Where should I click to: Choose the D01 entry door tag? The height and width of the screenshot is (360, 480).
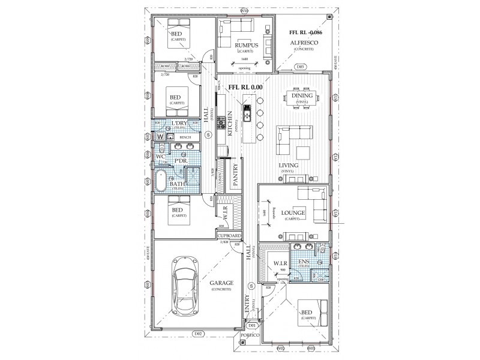253,325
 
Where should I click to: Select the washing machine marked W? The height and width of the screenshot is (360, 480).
160,137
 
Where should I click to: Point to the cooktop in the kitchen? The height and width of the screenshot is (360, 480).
229,122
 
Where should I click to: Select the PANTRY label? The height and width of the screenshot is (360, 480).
236,176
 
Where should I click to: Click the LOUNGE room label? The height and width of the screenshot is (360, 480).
295,213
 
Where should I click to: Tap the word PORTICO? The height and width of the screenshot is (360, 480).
252,335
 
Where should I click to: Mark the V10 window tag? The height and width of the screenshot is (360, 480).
243,10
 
